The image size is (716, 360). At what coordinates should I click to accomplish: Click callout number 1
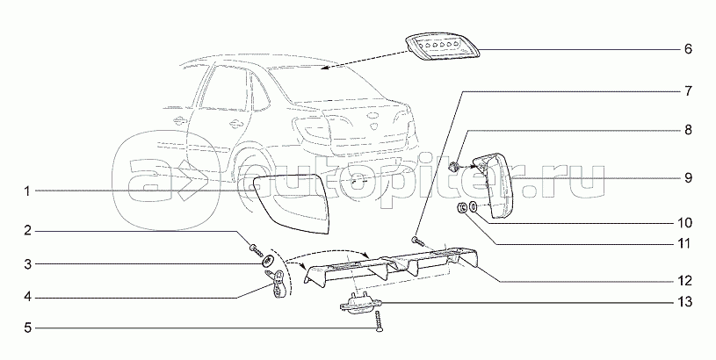pos(28,191)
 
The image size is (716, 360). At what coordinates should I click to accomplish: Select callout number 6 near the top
pos(688,49)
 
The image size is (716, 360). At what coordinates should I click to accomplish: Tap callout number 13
pos(686,303)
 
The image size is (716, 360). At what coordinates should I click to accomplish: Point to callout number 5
pos(28,328)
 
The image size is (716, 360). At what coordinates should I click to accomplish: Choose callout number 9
pos(688,176)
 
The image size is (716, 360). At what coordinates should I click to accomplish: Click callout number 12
pos(686,282)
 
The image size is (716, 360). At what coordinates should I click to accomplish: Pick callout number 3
pos(28,263)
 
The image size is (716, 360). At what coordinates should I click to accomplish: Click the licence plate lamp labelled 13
pos(359,304)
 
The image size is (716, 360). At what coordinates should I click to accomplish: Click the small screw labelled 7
pos(417,239)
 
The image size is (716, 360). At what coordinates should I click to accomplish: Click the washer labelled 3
pos(264,262)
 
